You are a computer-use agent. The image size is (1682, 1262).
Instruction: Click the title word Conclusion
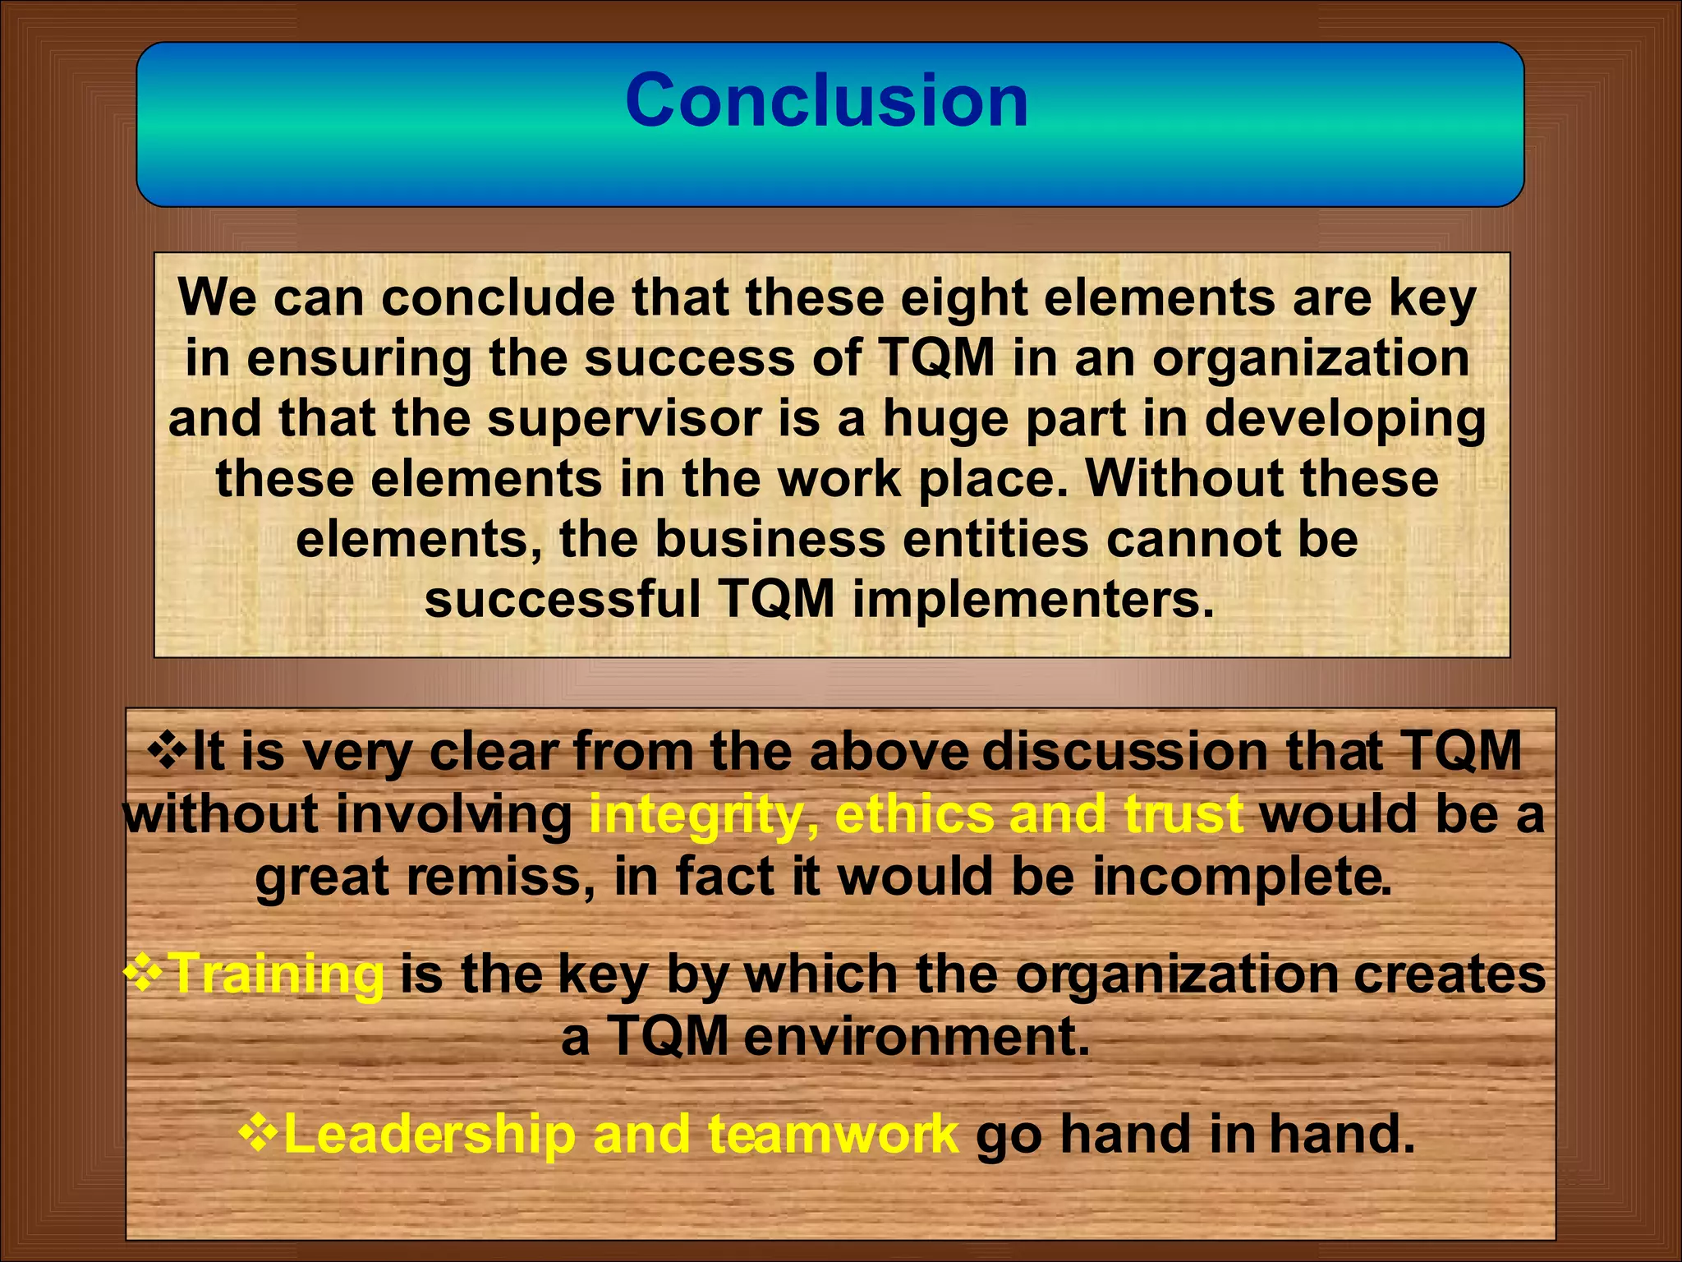coord(826,100)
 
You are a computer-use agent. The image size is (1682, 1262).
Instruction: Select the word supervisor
coord(623,418)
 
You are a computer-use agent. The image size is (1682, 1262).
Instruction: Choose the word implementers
coord(1032,600)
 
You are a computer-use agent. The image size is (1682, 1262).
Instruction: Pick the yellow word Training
coord(277,974)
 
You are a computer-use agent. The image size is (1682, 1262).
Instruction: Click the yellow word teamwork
coord(833,1134)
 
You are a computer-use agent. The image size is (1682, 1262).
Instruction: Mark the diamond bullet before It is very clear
coord(167,751)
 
